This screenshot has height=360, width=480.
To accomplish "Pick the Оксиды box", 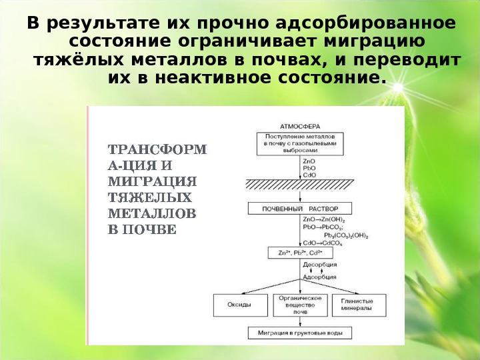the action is [x=241, y=305].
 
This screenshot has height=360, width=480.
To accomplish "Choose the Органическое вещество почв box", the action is [x=300, y=305].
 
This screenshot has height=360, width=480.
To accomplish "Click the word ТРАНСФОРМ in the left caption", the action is [x=158, y=150].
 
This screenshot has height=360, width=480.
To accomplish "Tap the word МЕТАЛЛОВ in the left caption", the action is [x=152, y=214].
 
